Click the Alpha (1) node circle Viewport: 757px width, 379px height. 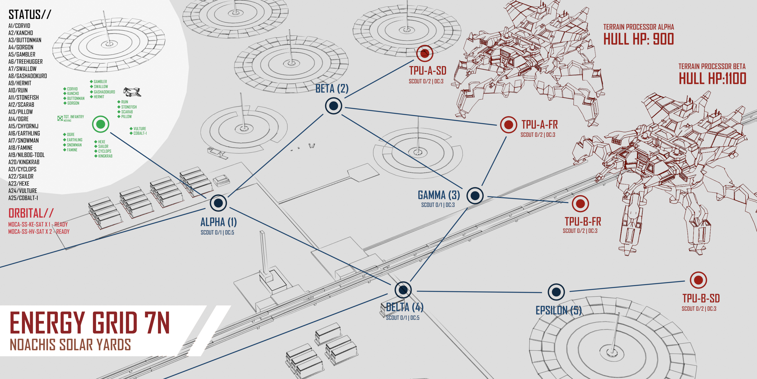pos(218,203)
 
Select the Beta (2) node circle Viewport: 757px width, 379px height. pos(334,106)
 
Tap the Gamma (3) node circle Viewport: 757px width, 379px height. pos(475,195)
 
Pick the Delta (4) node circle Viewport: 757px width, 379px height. pos(403,290)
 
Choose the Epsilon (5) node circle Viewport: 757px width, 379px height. pos(556,292)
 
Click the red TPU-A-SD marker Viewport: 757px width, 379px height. pos(425,53)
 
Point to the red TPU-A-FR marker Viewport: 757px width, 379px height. pos(508,125)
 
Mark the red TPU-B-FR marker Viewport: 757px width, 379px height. pos(580,204)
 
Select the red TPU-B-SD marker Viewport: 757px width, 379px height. pos(698,280)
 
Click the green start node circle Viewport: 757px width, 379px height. pos(100,124)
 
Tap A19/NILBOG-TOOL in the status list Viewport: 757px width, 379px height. pos(26,155)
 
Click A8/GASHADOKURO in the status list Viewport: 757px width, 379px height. pos(28,76)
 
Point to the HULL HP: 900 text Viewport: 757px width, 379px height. pos(638,39)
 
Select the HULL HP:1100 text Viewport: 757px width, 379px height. pos(712,79)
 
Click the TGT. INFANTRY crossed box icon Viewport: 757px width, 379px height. pos(60,118)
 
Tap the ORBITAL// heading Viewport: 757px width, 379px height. pos(31,213)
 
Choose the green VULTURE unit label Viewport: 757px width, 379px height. pos(140,129)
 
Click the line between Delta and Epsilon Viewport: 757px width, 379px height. pos(479,292)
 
